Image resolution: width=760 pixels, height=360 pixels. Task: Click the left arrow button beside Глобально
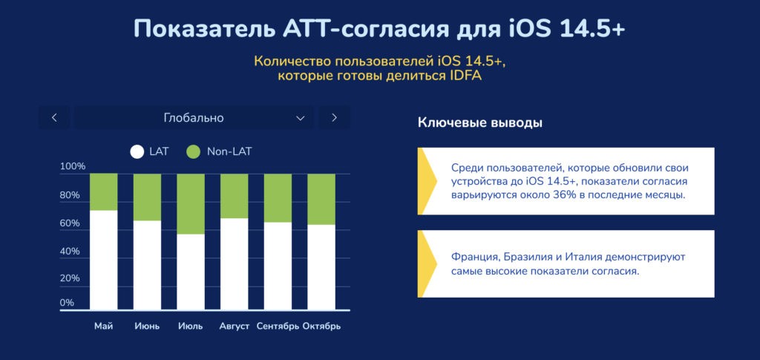(x=54, y=118)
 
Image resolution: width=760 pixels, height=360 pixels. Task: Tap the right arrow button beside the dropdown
(x=334, y=118)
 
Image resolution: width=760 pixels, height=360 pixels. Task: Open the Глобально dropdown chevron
(x=301, y=118)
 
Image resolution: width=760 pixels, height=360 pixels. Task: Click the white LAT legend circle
(x=137, y=151)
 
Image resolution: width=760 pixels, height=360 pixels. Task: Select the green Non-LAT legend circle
(x=193, y=151)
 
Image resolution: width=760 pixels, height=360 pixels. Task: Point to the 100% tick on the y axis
(x=73, y=167)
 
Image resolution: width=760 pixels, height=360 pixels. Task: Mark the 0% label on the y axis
(x=67, y=303)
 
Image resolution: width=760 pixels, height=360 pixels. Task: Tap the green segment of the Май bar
(x=104, y=192)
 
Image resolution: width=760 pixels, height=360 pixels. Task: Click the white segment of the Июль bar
(x=191, y=272)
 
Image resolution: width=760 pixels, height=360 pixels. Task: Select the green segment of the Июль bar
(x=191, y=204)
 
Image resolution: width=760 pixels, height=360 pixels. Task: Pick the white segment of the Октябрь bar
(x=321, y=267)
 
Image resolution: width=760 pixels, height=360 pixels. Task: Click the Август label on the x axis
(x=234, y=326)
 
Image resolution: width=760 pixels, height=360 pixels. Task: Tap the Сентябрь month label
(x=278, y=326)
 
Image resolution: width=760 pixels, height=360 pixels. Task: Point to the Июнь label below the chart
(x=147, y=326)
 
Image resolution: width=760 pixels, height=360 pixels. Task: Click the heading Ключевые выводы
(x=480, y=123)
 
